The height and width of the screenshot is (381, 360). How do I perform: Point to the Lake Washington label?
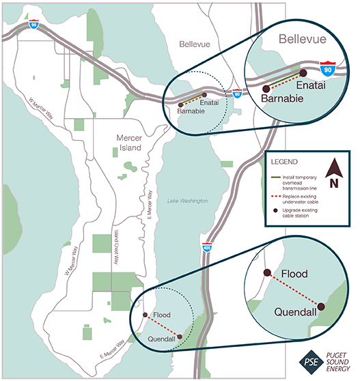tap(187, 200)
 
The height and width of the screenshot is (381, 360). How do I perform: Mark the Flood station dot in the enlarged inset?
tap(266, 271)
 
